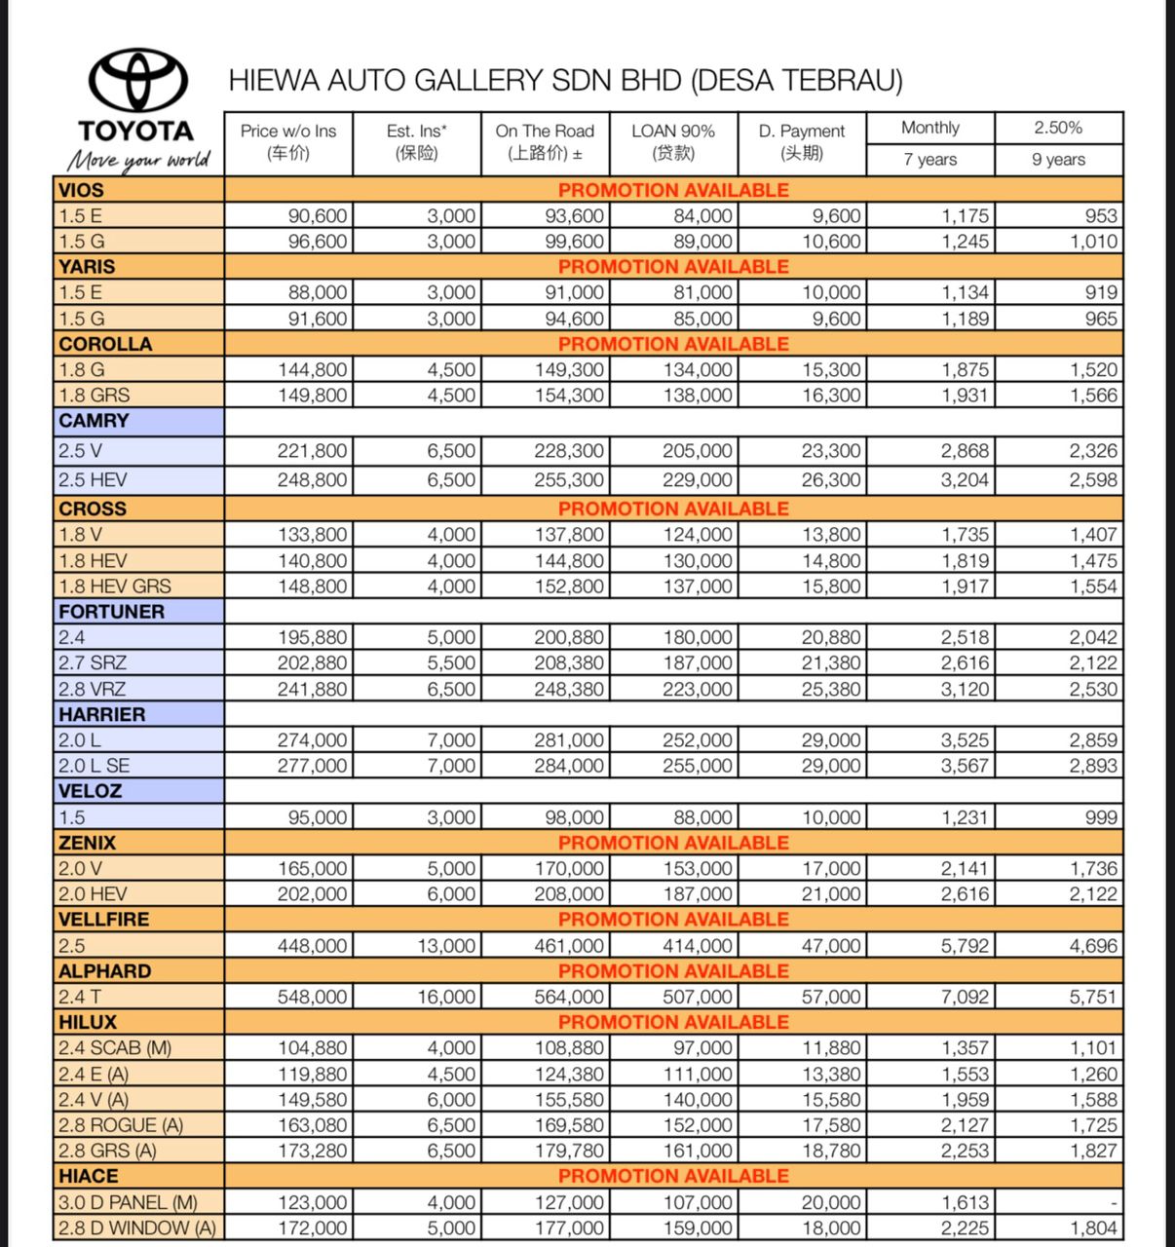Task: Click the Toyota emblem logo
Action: point(138,80)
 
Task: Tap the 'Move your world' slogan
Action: point(138,160)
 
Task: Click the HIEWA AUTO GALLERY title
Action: point(565,80)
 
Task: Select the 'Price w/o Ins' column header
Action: point(288,142)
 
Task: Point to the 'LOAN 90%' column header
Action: point(673,142)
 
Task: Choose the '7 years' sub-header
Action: point(930,160)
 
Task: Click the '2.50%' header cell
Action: point(1058,128)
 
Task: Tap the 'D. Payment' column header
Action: point(802,142)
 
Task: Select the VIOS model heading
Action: point(81,190)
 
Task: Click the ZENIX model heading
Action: point(87,843)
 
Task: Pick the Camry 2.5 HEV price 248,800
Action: point(312,480)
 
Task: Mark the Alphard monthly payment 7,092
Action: point(965,997)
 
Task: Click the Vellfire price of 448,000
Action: point(312,946)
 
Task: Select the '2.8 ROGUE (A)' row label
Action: point(121,1125)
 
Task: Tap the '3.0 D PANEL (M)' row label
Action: point(128,1202)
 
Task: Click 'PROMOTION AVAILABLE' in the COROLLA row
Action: point(673,344)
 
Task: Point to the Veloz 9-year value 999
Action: point(1101,817)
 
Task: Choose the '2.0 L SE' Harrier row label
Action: point(94,766)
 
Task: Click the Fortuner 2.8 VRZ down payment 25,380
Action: point(831,689)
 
